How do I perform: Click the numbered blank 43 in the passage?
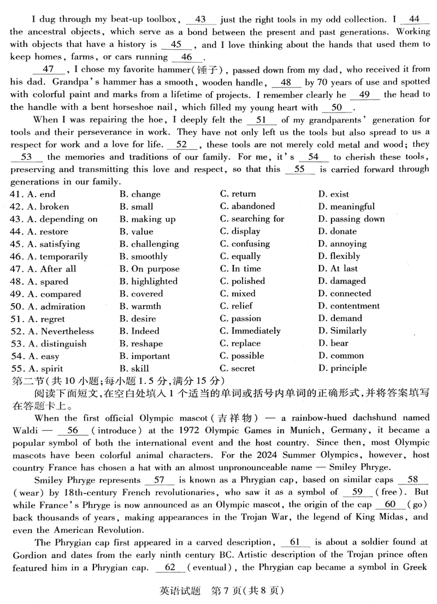tap(200, 20)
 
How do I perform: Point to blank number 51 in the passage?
tap(261, 120)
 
